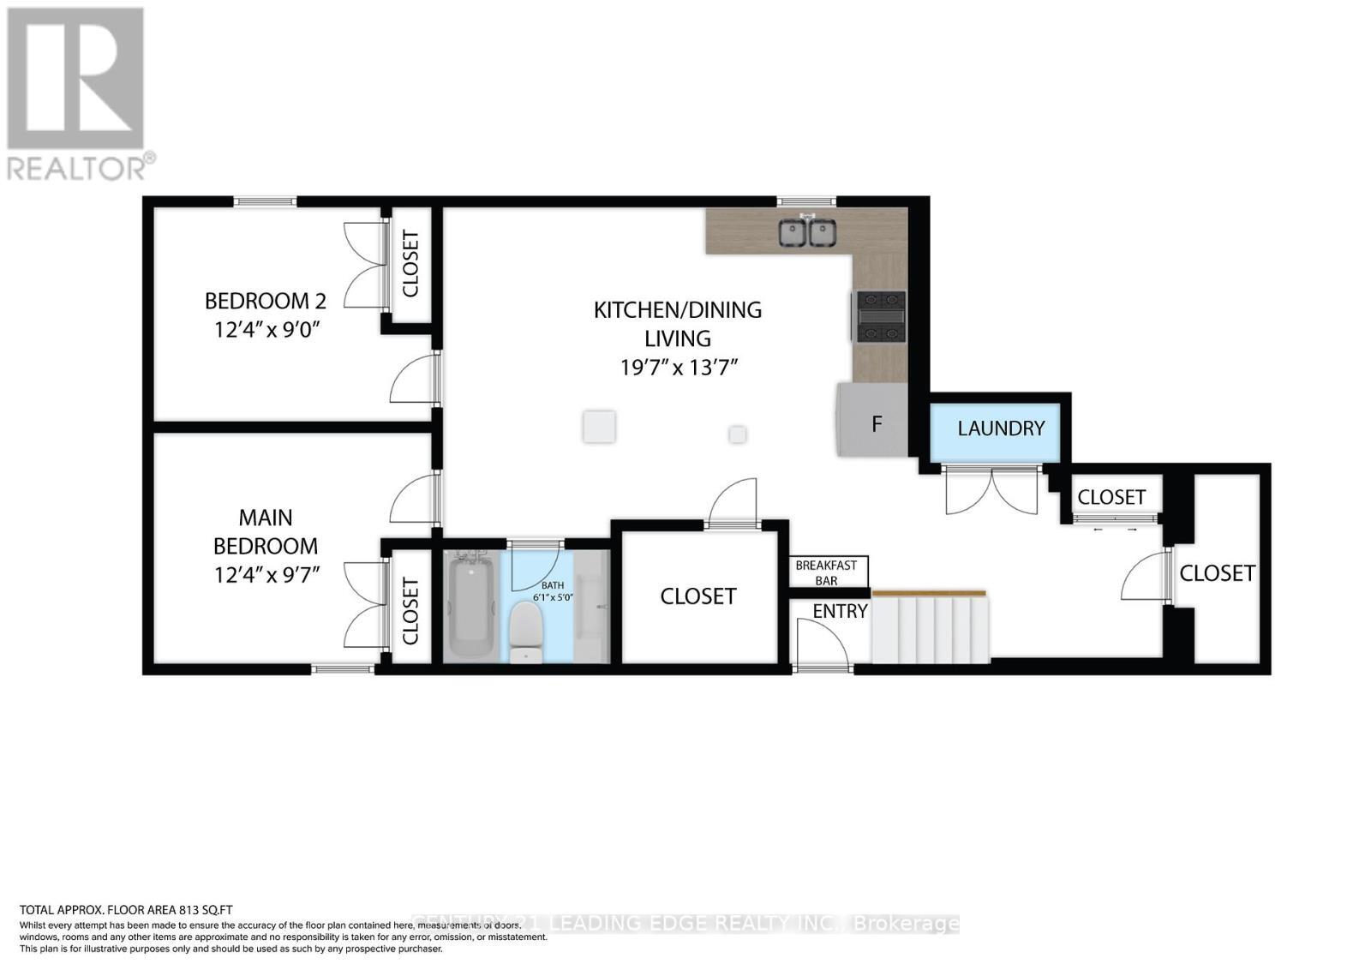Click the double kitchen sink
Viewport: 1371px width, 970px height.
pyautogui.click(x=806, y=232)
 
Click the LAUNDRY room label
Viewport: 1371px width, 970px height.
pyautogui.click(x=1001, y=428)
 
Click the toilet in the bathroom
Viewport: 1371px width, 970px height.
pyautogui.click(x=526, y=632)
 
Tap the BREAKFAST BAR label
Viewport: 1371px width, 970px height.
pyautogui.click(x=826, y=572)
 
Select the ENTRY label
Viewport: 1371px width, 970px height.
pyautogui.click(x=840, y=611)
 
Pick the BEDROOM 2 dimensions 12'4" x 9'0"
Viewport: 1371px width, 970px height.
pyautogui.click(x=266, y=329)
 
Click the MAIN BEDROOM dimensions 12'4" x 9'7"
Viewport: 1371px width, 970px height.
pyautogui.click(x=266, y=574)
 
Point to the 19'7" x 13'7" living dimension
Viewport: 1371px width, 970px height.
pyautogui.click(x=679, y=368)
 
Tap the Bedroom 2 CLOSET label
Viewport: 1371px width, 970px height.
pyautogui.click(x=410, y=264)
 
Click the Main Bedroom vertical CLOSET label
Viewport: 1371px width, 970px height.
pyautogui.click(x=410, y=611)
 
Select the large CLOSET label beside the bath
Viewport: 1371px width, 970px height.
pyautogui.click(x=697, y=596)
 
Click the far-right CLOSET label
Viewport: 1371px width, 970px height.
pyautogui.click(x=1217, y=573)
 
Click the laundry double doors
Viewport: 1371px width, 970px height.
pyautogui.click(x=991, y=491)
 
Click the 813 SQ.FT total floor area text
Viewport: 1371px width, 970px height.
pyautogui.click(x=127, y=910)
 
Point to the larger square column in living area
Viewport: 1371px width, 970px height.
pyautogui.click(x=599, y=426)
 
